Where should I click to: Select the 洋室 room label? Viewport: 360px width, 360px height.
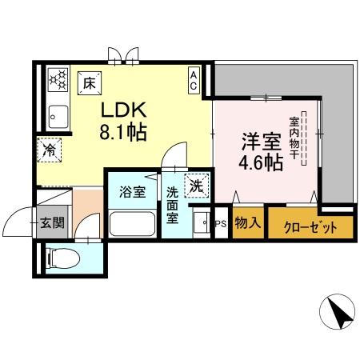click(262, 142)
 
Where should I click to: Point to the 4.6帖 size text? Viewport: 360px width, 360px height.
click(262, 163)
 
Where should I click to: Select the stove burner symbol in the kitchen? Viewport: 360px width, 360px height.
click(58, 79)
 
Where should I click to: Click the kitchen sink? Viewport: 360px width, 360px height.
click(58, 115)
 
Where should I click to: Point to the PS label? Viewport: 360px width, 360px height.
click(222, 225)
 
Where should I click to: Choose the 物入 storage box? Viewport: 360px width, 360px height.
click(248, 225)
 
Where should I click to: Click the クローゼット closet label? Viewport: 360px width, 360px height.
click(309, 227)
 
